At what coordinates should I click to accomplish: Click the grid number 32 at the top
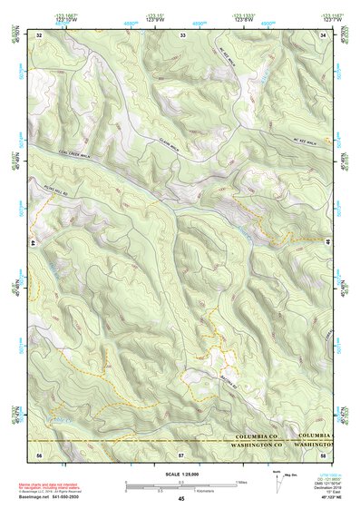tap(39, 34)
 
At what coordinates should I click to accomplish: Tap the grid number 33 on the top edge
tap(182, 34)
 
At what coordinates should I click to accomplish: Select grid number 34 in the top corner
tap(324, 34)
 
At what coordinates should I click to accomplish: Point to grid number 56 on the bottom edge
tap(39, 453)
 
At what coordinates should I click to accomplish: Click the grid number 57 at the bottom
tap(180, 453)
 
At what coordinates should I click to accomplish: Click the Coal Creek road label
tap(78, 153)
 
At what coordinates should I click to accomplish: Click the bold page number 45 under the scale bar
tap(181, 500)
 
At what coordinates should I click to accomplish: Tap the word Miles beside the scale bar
tap(242, 482)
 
